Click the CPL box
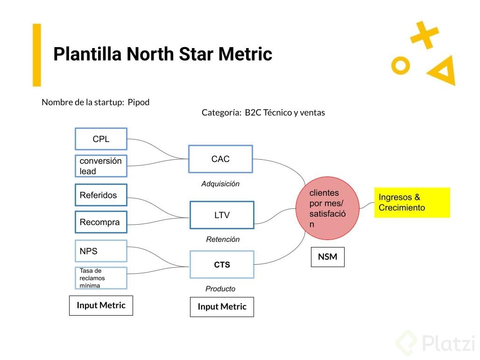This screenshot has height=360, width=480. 101,139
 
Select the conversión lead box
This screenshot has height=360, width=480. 101,166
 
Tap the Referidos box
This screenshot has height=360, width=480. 101,195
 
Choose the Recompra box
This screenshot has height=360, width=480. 101,222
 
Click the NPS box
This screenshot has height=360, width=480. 101,251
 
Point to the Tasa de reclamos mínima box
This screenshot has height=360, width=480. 101,278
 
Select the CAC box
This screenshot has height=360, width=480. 220,159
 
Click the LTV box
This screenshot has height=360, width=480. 222,215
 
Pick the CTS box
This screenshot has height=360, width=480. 222,265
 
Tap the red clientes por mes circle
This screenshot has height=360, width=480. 327,208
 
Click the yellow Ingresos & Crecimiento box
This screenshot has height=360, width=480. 411,203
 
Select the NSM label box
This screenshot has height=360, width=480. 327,257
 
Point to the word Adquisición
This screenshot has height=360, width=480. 220,184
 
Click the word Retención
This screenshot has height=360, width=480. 223,240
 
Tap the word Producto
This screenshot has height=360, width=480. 220,289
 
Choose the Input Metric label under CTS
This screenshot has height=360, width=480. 222,307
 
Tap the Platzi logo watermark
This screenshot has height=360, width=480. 435,343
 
